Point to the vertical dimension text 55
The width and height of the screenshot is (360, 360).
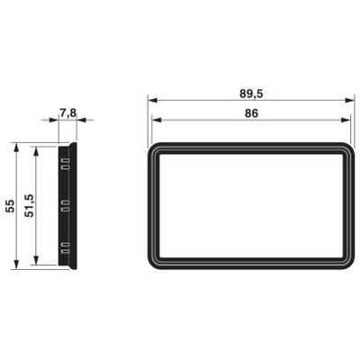click(10, 205)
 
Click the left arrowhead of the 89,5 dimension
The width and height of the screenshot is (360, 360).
click(151, 100)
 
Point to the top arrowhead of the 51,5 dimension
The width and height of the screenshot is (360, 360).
click(35, 149)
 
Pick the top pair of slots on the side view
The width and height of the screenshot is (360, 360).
click(65, 165)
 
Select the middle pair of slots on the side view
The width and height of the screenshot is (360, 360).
click(65, 205)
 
